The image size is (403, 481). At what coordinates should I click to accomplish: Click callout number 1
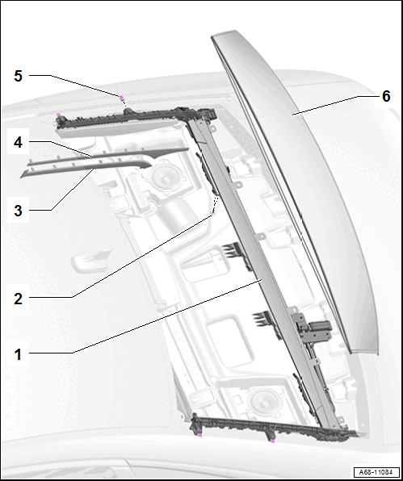click(x=18, y=354)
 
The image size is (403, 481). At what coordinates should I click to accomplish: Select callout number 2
click(x=18, y=299)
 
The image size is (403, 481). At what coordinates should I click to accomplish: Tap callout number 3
click(x=18, y=211)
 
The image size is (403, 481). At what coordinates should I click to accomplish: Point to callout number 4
click(x=18, y=142)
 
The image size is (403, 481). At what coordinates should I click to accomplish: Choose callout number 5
click(x=18, y=76)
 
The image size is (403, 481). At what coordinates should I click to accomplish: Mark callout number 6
click(x=386, y=96)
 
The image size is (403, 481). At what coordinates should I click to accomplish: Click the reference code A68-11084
click(x=376, y=472)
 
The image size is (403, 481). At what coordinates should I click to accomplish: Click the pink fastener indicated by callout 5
click(x=121, y=98)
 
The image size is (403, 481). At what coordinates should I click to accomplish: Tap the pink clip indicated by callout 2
click(x=213, y=213)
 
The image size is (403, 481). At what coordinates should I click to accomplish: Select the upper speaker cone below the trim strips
click(x=163, y=177)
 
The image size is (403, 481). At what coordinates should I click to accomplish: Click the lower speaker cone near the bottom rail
click(x=263, y=401)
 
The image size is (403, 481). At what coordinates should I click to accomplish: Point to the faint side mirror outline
click(x=91, y=260)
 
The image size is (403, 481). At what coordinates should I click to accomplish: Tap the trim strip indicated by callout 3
click(x=86, y=169)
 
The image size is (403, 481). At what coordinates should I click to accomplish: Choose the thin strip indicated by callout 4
click(x=107, y=155)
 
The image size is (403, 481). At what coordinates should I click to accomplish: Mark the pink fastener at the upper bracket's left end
click(x=58, y=115)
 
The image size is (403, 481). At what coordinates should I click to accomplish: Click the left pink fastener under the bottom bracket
click(x=199, y=435)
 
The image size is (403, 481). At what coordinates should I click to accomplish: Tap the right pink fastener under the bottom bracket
click(x=272, y=441)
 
